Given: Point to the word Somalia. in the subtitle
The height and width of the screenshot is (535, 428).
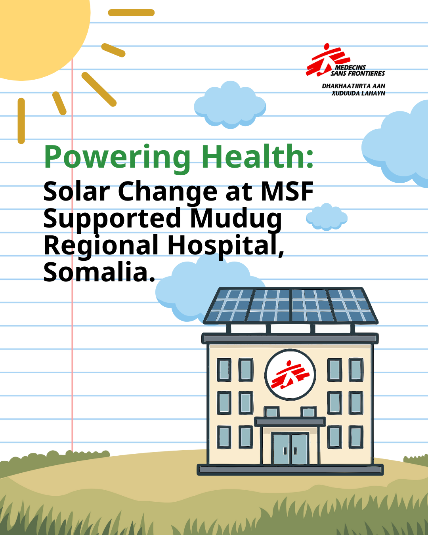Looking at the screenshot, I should point(99,273).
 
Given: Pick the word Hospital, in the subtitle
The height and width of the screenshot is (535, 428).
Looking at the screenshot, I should point(225,246).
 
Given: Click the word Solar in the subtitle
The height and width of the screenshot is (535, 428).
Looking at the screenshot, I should point(76,192).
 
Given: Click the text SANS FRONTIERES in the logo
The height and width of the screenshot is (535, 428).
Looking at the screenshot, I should point(358,73).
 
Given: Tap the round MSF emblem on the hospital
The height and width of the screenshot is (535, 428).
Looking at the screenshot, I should point(290,374).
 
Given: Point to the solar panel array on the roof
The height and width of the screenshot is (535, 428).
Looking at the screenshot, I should point(290,306).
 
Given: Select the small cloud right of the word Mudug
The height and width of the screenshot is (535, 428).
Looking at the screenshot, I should point(327,217).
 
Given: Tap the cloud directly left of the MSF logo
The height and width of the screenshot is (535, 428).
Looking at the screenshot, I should point(230,105).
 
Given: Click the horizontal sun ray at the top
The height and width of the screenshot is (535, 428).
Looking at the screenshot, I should point(131,13).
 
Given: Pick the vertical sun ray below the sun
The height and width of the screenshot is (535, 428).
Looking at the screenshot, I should point(21,121).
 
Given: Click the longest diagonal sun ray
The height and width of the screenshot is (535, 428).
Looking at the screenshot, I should point(99,89).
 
